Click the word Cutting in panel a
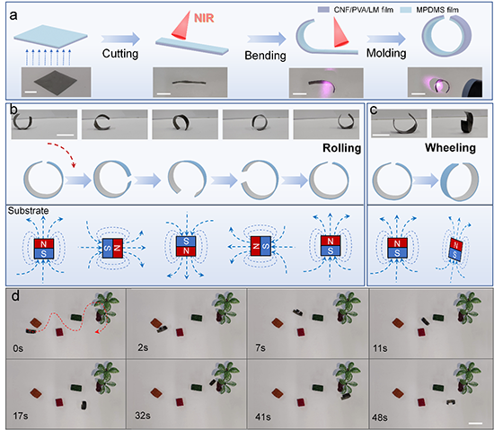click(120, 54)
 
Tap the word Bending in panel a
click(265, 56)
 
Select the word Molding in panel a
click(386, 53)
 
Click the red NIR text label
click(204, 18)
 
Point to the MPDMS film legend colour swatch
click(406, 10)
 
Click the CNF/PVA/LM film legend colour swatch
click(323, 10)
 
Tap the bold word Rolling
click(342, 147)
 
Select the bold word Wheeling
click(450, 147)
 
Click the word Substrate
click(29, 211)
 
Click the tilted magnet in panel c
click(455, 250)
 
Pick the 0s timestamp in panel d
click(18, 348)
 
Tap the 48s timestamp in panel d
click(380, 417)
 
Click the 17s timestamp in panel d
click(21, 416)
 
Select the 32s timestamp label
click(143, 416)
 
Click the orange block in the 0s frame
click(36, 323)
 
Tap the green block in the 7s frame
click(318, 317)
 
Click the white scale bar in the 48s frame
click(477, 423)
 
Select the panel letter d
click(15, 296)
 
